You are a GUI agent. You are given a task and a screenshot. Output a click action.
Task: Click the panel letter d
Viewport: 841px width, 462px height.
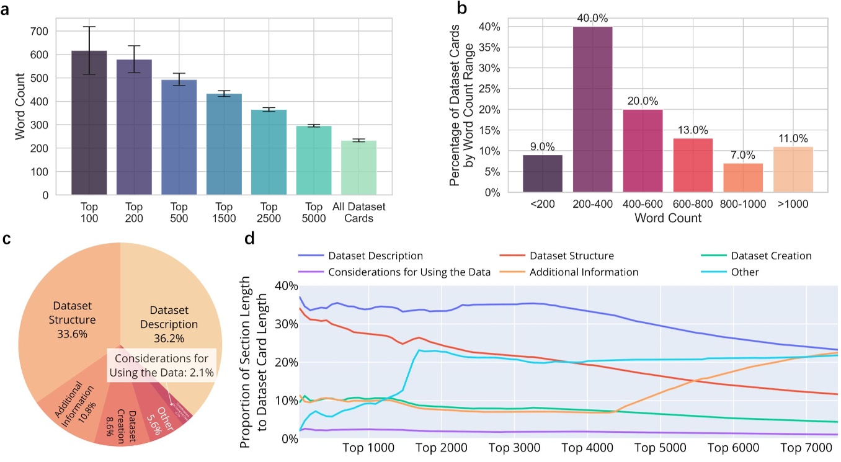[x=249, y=239]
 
